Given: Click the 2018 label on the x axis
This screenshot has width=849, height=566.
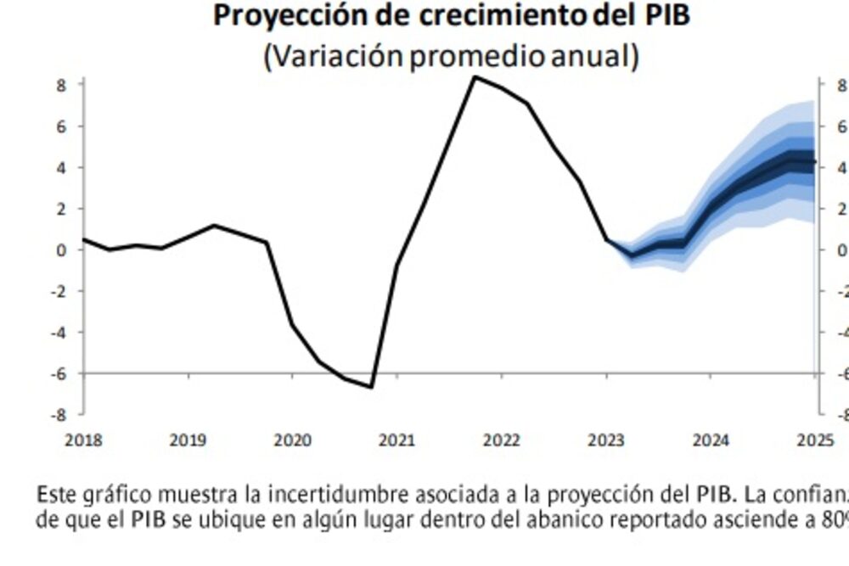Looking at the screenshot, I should [83, 440].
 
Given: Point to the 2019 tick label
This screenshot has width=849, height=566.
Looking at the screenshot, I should [188, 440].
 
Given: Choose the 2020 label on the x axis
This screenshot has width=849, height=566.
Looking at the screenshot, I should [292, 440].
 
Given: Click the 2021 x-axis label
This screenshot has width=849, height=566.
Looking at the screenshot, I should [396, 440].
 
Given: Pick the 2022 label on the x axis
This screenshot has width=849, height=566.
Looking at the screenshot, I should [501, 440].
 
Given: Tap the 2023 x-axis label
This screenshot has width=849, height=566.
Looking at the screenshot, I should [606, 440].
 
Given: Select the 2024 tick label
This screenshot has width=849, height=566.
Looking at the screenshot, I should [711, 440].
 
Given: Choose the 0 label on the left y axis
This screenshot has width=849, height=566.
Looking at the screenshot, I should [62, 249].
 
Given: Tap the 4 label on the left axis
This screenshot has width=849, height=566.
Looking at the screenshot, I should [62, 167].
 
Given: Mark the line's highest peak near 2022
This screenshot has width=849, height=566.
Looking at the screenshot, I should [475, 77].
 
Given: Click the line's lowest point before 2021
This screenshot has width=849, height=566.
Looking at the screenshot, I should [371, 387].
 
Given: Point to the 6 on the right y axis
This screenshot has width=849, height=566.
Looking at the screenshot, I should [841, 126].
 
